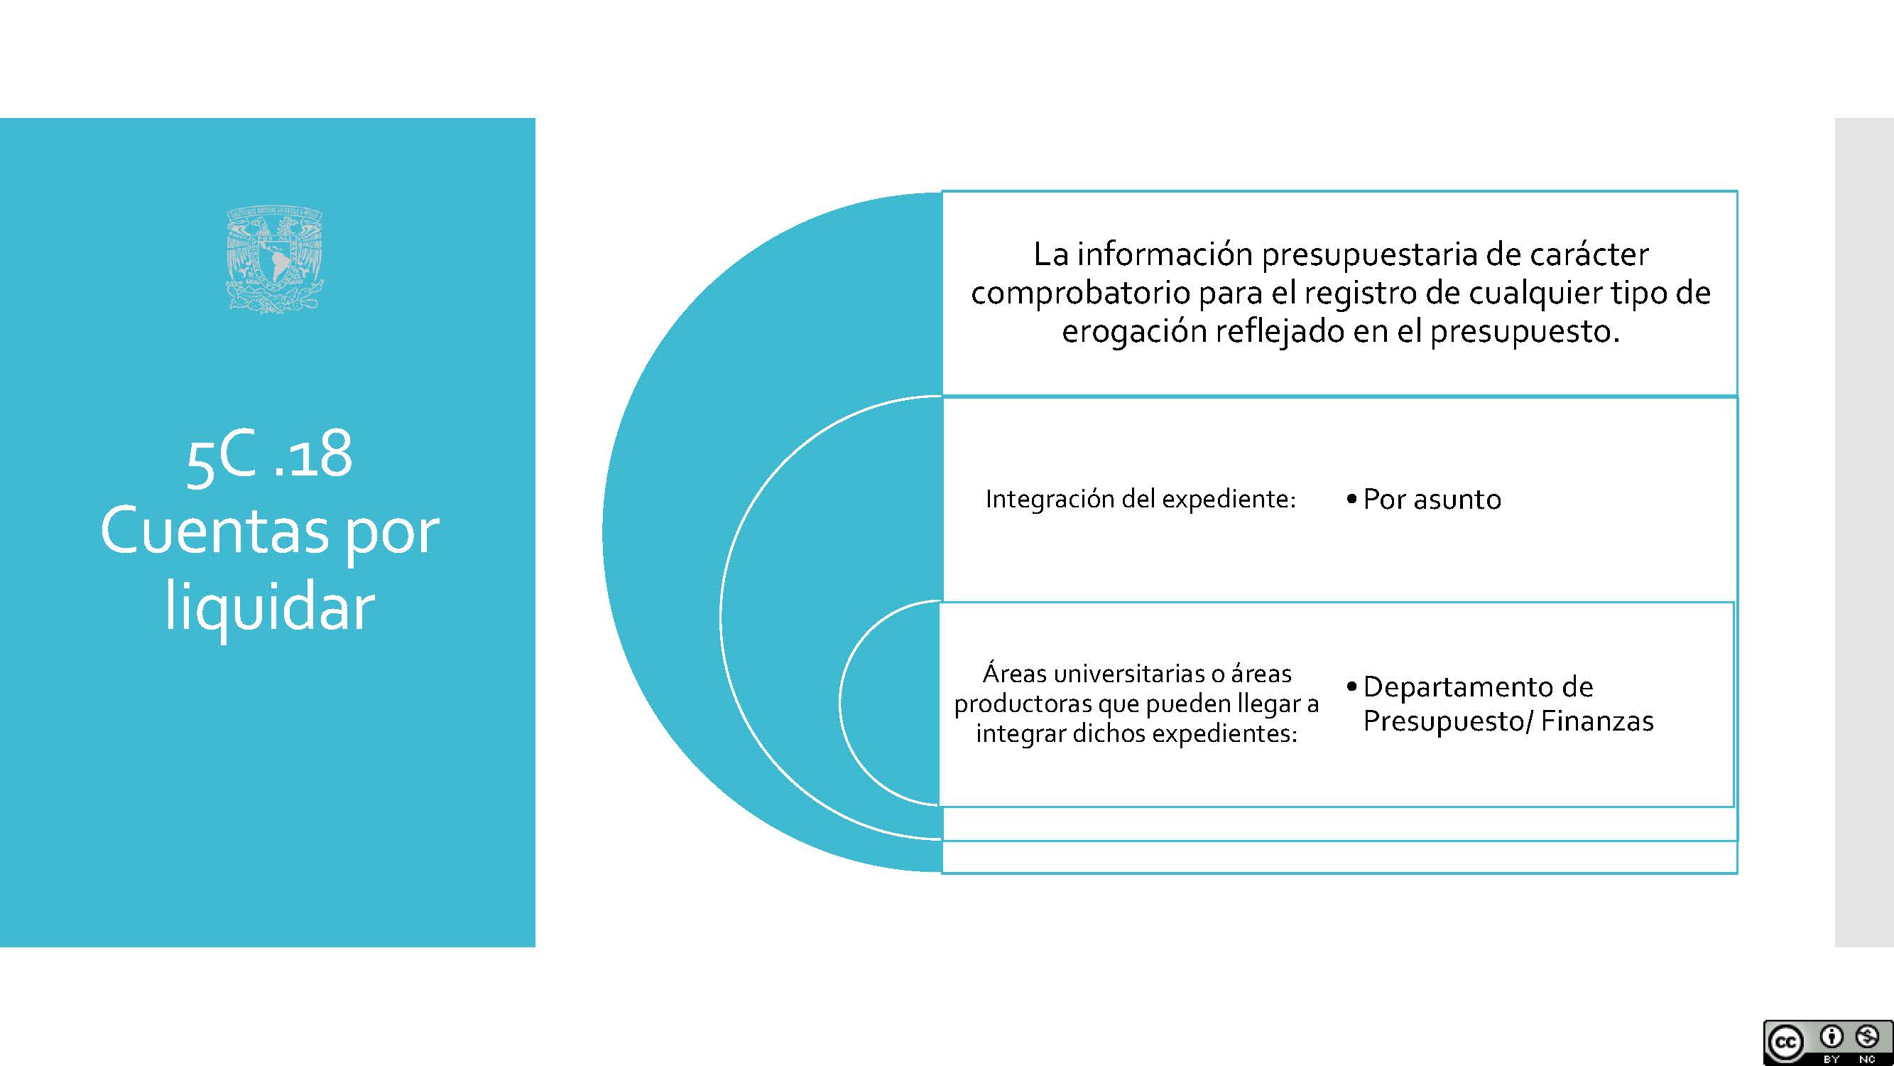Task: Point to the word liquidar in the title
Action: pos(270,608)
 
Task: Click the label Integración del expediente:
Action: pos(1141,500)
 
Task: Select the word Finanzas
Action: pos(1597,721)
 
